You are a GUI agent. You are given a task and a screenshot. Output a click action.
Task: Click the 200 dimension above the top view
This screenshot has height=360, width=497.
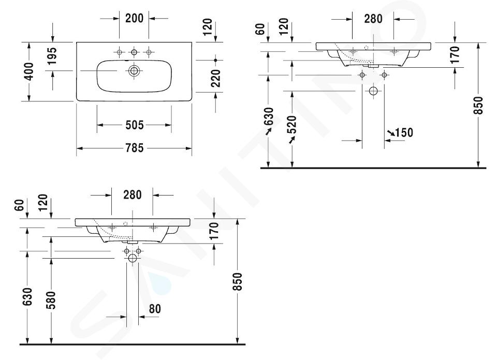click(x=134, y=19)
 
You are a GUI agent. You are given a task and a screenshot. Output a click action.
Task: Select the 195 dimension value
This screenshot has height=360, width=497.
click(x=52, y=56)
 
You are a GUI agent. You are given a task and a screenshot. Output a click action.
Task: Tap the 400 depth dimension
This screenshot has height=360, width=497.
click(x=28, y=71)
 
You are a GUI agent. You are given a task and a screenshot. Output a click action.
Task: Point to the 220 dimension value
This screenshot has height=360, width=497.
click(x=215, y=78)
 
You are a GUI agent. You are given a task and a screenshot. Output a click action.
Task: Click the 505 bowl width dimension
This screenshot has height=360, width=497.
click(x=135, y=125)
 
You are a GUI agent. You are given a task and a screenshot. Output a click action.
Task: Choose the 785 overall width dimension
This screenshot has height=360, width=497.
click(x=135, y=148)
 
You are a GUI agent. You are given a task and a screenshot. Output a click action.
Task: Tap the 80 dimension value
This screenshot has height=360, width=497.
click(x=155, y=308)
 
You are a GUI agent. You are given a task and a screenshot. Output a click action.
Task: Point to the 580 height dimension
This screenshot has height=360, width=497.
click(x=51, y=300)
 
